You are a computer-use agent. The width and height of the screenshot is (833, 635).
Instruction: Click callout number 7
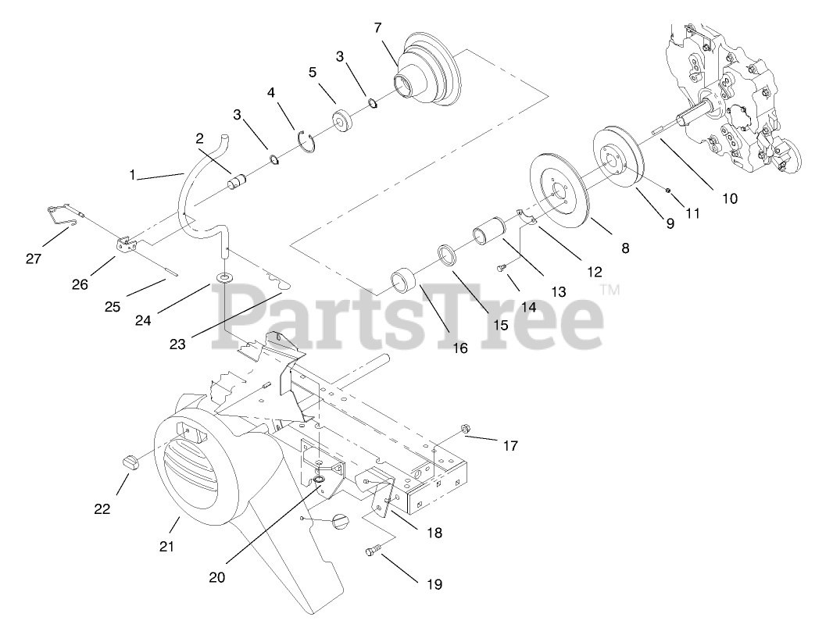(x=378, y=27)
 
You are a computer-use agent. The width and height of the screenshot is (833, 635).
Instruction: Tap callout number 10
(x=728, y=198)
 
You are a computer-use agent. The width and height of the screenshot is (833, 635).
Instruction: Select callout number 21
(x=166, y=547)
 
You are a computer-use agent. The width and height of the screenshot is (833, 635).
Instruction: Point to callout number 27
(x=33, y=259)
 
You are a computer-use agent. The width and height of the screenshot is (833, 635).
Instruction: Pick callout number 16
(x=459, y=348)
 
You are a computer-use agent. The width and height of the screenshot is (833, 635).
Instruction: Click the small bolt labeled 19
(x=371, y=551)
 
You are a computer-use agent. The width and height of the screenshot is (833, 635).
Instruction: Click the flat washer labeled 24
(x=225, y=278)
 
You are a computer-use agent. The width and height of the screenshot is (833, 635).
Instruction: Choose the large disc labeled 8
(x=560, y=191)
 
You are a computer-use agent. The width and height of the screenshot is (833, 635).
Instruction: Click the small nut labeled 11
(x=668, y=190)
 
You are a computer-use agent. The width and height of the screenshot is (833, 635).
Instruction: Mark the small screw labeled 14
(x=502, y=268)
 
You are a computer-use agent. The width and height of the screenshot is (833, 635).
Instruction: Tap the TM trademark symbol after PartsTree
(x=610, y=291)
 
